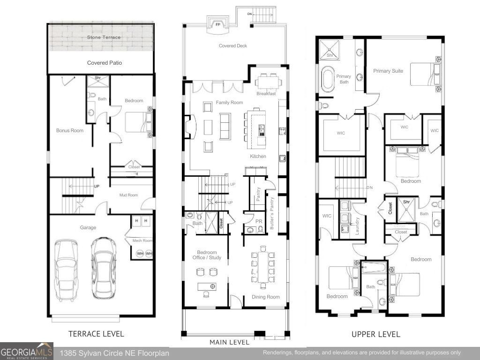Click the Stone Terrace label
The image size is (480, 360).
[104, 37]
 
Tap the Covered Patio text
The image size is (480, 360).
[105, 63]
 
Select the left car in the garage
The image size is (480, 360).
[66, 269]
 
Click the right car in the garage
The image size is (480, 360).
[103, 267]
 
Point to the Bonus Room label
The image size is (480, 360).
[70, 130]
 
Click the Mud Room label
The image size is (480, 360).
[128, 195]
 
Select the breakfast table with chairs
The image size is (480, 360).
[269, 82]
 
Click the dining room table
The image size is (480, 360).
[262, 267]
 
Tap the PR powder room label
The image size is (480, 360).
[258, 221]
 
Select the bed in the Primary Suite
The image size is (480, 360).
[425, 74]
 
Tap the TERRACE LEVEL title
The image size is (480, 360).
[96, 334]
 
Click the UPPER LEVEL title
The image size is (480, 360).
[376, 334]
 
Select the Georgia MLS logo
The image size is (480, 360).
[27, 352]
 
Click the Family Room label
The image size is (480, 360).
[229, 102]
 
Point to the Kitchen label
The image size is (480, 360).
[258, 156]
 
